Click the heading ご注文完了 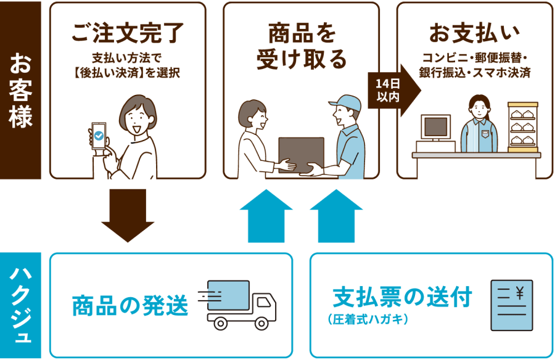pos(128,33)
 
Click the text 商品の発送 pos(129,305)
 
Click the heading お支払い pos(474,33)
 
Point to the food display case pos(523,128)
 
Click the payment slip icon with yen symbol pos(511,304)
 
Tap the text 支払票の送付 pos(402,298)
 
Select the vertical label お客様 pos(20,91)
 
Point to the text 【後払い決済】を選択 pos(128,73)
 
